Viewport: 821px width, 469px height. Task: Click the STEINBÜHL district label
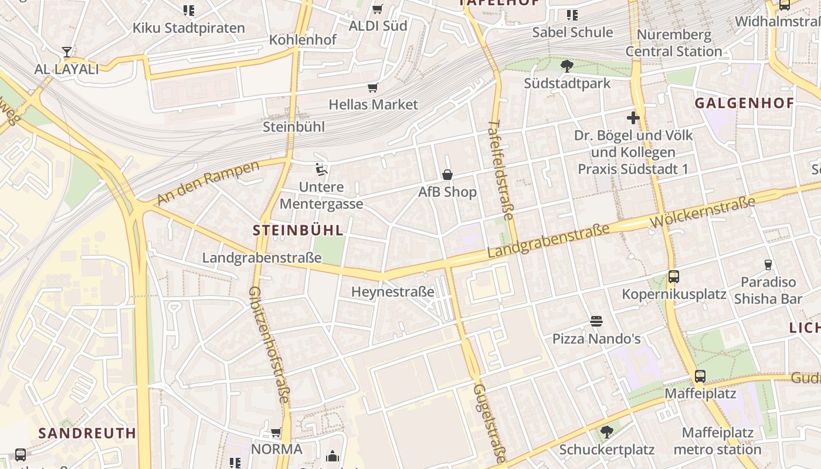[x=298, y=230]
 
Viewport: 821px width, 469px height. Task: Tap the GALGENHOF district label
[x=744, y=104]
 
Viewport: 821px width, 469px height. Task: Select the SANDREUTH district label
[x=87, y=434]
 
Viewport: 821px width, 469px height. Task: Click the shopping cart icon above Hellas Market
[x=372, y=88]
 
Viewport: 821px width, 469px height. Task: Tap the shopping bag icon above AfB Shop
[x=447, y=175]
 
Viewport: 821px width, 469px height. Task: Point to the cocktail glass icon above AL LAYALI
[x=67, y=52]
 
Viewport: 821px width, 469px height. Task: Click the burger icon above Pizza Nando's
[x=596, y=321]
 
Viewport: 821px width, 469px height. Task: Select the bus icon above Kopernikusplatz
[x=673, y=277]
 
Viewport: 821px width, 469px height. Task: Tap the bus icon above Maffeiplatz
[x=700, y=376]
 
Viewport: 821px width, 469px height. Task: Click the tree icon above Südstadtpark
[x=566, y=66]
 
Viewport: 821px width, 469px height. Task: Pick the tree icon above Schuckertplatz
[x=606, y=433]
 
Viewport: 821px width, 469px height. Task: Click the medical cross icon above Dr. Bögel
[x=633, y=118]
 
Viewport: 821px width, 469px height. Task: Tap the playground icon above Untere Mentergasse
[x=321, y=169]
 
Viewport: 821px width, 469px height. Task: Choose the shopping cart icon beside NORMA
[x=276, y=433]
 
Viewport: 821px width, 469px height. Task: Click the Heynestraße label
[x=392, y=291]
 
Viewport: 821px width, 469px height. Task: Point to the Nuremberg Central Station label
[x=674, y=43]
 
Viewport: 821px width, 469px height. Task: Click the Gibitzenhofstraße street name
[x=269, y=344]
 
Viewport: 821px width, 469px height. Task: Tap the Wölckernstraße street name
[x=703, y=213]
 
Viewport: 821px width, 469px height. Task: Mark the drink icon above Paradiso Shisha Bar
[x=768, y=265]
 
